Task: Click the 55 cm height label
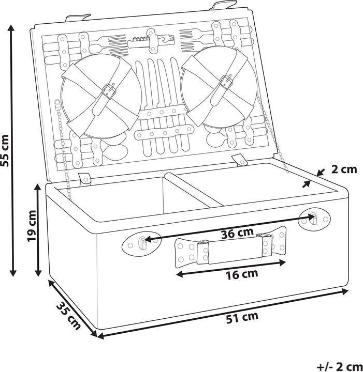pos(6,150)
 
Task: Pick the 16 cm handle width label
pos(242,274)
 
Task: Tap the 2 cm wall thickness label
pos(344,169)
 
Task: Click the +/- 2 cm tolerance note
pos(339,366)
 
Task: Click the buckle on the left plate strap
pos(109,92)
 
